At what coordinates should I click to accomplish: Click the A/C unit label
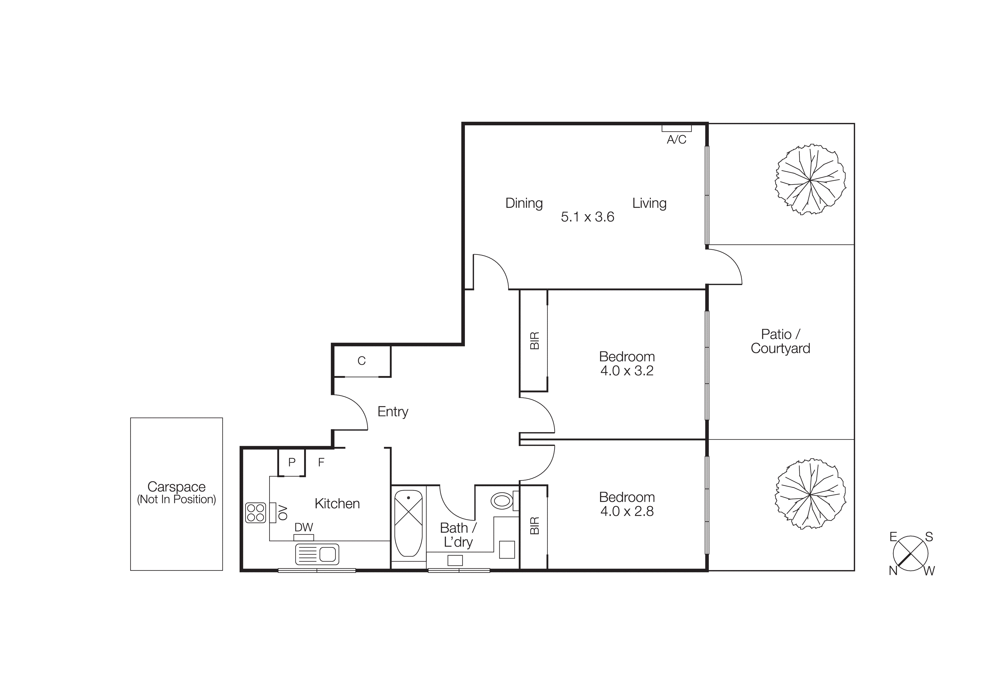676,140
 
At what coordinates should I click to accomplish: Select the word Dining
524,203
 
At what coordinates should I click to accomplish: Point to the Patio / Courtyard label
780,341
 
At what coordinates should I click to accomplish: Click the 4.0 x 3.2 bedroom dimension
627,371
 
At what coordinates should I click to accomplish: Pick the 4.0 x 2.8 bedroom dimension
627,511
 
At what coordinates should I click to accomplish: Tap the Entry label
393,412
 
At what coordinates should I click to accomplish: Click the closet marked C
361,361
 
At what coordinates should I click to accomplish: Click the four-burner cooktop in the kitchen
256,512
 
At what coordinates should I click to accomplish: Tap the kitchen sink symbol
317,554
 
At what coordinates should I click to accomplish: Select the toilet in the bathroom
502,501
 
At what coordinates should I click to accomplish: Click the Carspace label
176,487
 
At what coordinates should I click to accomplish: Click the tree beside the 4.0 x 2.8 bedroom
810,495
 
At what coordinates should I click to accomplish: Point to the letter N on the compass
893,571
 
